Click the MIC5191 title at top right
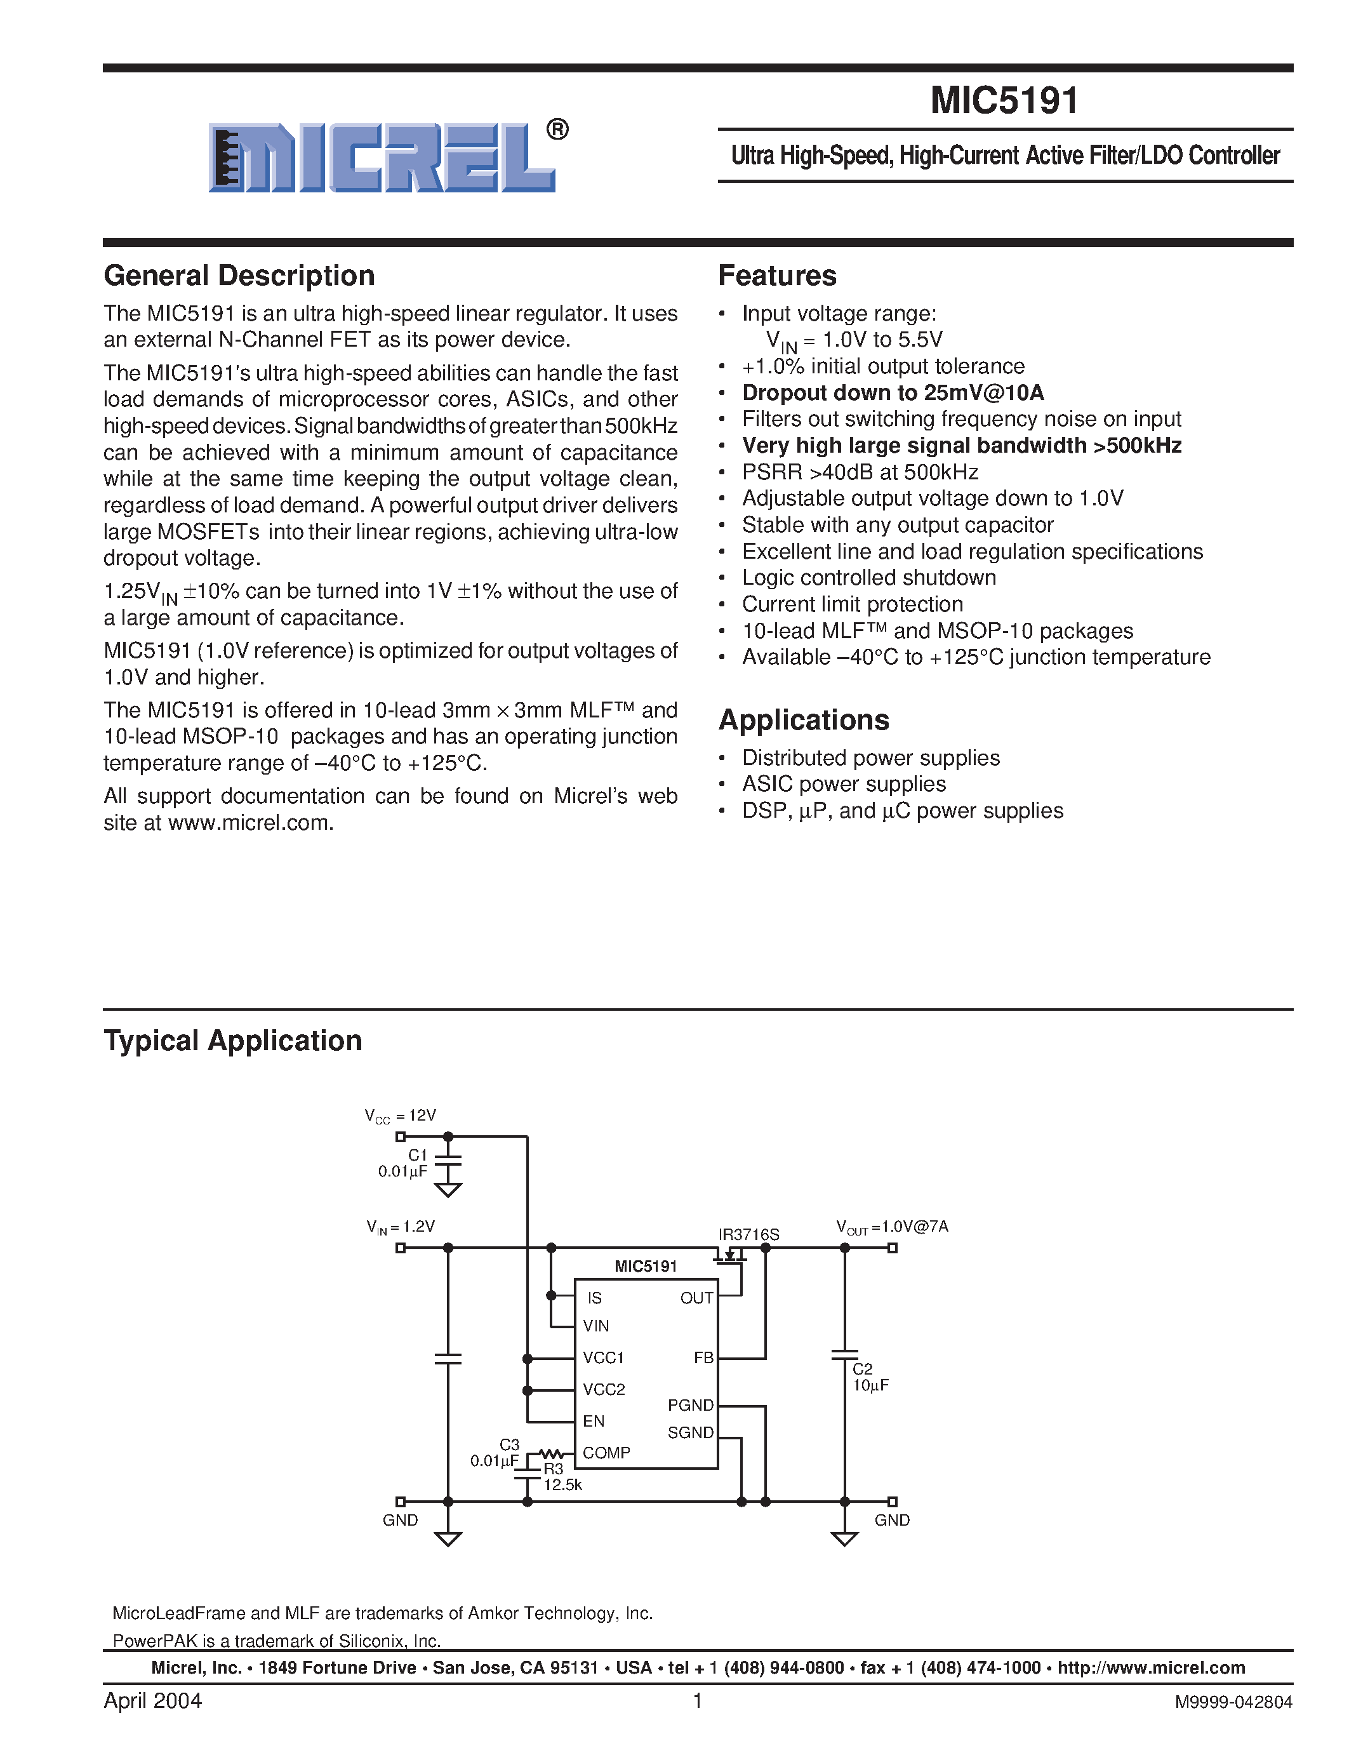pos(1004,101)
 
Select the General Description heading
pos(239,276)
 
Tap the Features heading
pos(777,276)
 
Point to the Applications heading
pos(803,721)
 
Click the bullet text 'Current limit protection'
pos(852,604)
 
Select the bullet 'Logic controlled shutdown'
pos(868,578)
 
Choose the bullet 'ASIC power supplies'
pos(843,784)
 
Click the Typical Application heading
pos(232,1041)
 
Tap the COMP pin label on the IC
pos(606,1453)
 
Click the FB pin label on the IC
pos(703,1357)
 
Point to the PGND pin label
pos(691,1406)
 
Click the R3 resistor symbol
pos(552,1453)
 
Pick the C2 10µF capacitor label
pos(870,1376)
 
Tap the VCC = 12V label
pos(401,1116)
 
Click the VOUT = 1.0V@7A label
pos(891,1227)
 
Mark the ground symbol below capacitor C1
pos(448,1190)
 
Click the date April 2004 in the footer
pos(152,1700)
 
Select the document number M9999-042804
pos(1233,1703)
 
